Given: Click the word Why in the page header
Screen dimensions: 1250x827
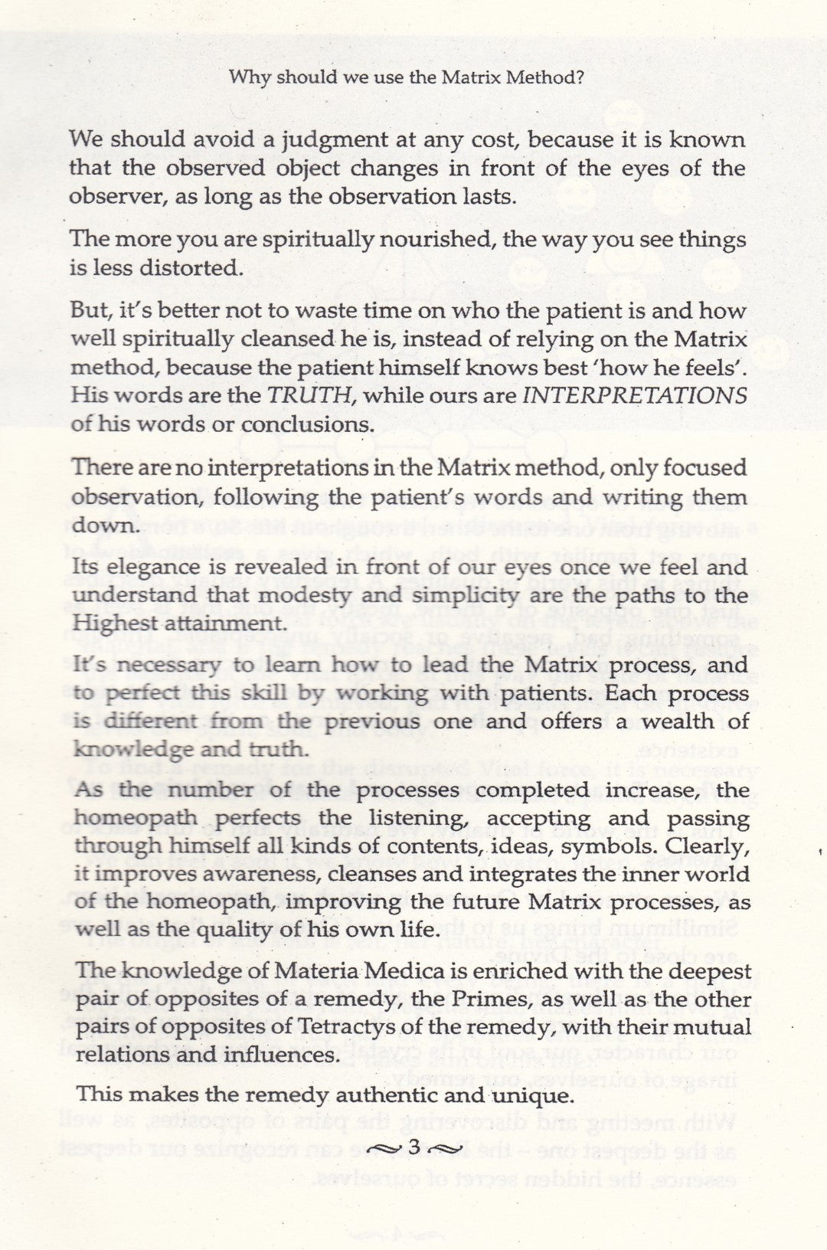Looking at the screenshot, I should point(249,77).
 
